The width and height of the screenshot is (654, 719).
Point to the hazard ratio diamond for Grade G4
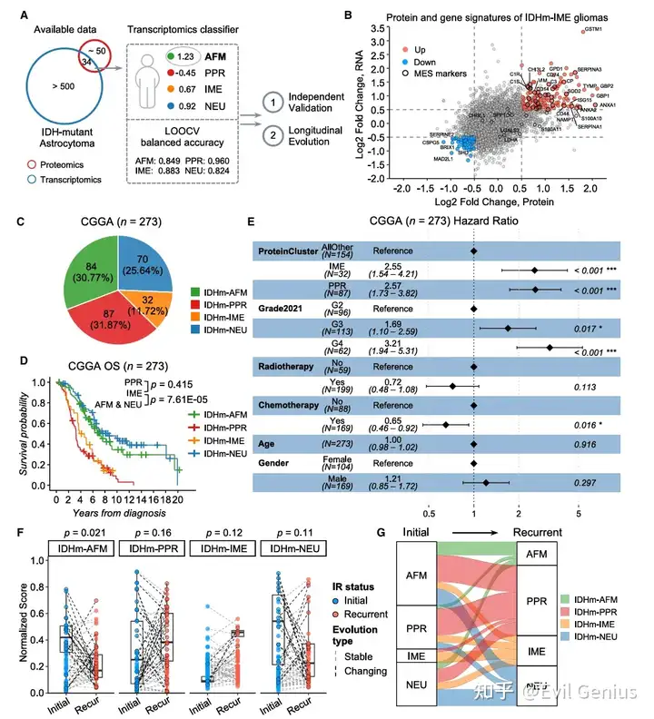pos(549,347)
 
